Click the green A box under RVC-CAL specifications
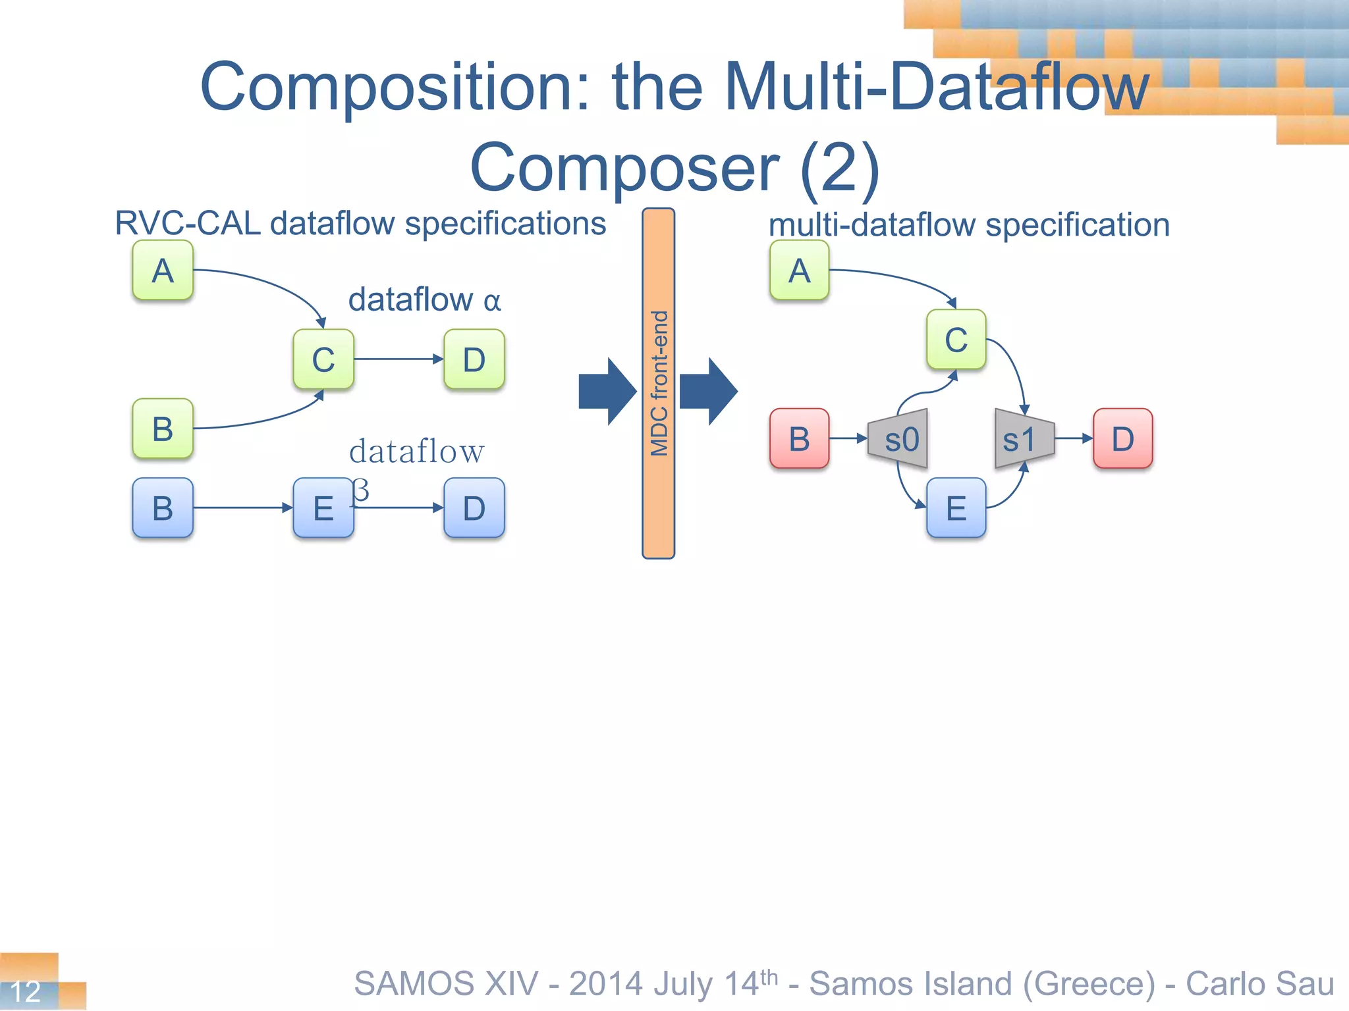point(163,271)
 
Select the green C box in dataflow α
point(323,359)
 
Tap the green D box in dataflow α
point(474,359)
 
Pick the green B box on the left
point(163,428)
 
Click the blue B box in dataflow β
point(163,508)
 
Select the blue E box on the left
point(323,508)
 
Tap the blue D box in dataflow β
point(474,508)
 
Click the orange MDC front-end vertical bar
point(658,383)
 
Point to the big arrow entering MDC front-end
point(607,392)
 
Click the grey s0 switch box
point(900,439)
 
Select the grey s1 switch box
point(1023,439)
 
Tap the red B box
point(799,439)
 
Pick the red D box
point(1123,439)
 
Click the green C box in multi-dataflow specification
point(956,340)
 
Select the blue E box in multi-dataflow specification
point(956,508)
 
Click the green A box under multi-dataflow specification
point(799,271)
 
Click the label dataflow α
point(424,300)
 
